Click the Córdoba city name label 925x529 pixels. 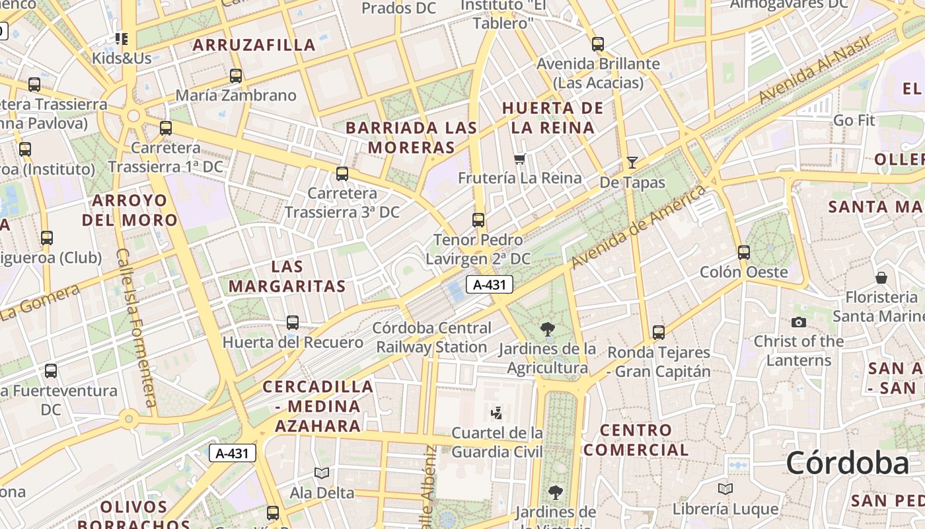[847, 463]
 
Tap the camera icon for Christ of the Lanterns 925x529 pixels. [798, 322]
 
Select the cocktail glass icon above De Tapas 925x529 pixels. [632, 162]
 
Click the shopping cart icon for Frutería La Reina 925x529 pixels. [519, 159]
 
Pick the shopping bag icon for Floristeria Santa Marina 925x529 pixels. [881, 278]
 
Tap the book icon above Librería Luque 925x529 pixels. [725, 489]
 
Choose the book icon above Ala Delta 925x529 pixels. [322, 473]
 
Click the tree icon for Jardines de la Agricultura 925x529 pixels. [546, 329]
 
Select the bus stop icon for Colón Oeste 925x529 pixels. [744, 253]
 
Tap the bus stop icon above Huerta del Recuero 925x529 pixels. [293, 323]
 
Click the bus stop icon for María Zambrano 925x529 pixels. [236, 76]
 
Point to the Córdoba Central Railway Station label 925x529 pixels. [432, 337]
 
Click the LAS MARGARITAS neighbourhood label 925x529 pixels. [287, 276]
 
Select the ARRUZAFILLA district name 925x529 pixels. [254, 45]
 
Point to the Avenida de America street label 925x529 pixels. [638, 228]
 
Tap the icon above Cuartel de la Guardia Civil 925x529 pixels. [496, 414]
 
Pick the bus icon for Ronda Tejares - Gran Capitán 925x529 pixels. [658, 332]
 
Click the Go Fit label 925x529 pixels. [854, 120]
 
